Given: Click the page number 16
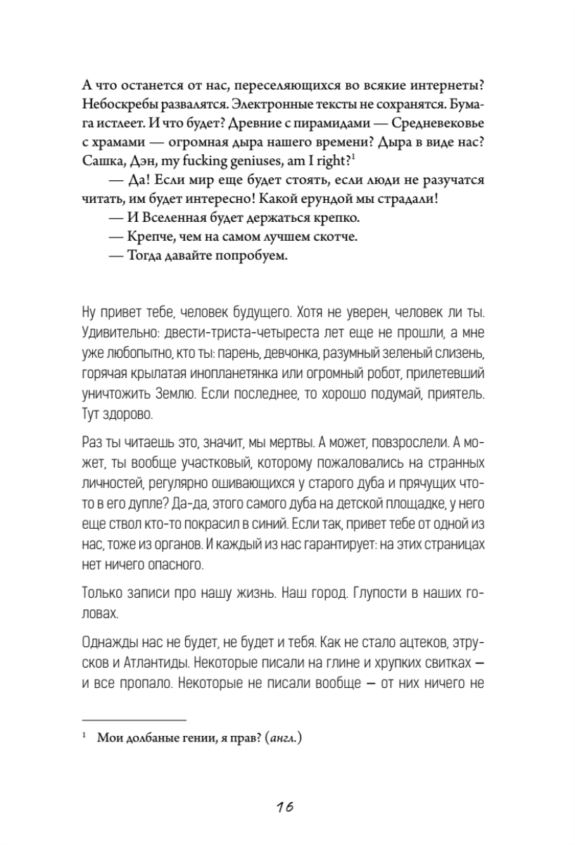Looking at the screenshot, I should tap(286, 806).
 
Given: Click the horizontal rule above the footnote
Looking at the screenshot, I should tap(134, 720).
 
